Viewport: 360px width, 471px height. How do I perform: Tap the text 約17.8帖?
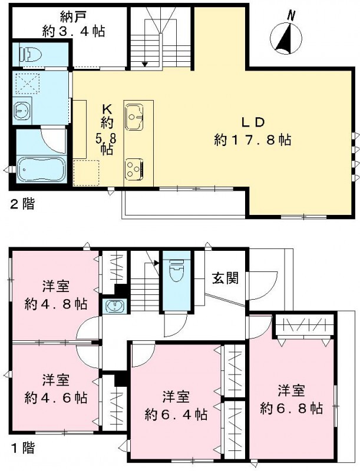[x=253, y=140]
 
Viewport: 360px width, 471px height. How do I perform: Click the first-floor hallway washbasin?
[x=114, y=307]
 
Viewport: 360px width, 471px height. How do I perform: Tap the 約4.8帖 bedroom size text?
[x=56, y=304]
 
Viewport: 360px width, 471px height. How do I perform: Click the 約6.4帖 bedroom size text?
[x=176, y=414]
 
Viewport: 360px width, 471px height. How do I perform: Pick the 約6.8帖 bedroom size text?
[x=292, y=407]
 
